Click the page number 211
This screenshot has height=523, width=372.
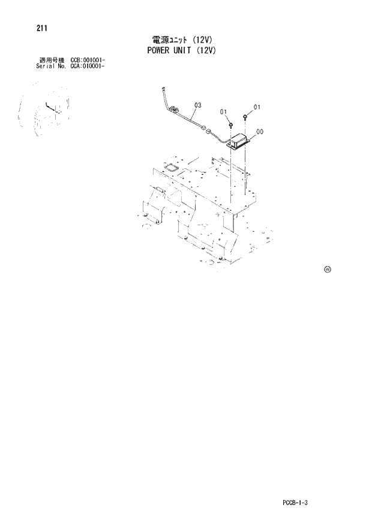[42, 28]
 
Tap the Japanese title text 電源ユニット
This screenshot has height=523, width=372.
[170, 40]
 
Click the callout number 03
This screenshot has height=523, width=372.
[197, 106]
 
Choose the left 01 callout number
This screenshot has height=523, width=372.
[223, 112]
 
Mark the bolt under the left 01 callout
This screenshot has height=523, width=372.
[230, 125]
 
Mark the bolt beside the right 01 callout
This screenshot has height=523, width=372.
[246, 116]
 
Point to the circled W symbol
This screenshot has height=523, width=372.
[328, 268]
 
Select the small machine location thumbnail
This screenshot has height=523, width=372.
[42, 111]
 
